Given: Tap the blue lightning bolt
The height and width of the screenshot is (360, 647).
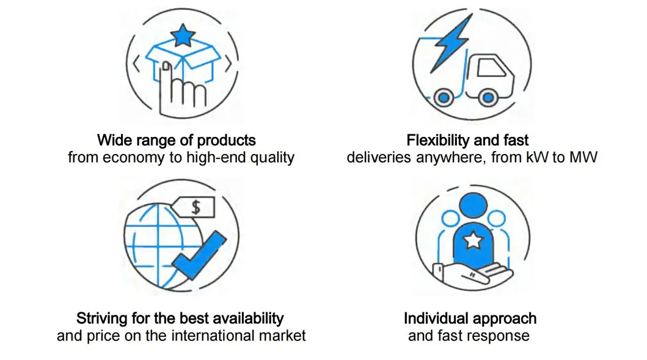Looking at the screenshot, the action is (x=451, y=43).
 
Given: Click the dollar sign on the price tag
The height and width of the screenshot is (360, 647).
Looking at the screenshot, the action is (x=196, y=207).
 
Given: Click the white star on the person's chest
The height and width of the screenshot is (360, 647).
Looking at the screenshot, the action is (x=473, y=240).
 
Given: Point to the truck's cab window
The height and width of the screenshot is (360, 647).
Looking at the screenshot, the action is (x=491, y=67).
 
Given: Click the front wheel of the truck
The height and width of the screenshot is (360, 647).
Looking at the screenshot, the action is (x=488, y=98).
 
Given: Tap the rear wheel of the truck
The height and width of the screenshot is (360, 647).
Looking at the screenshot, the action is (x=444, y=98).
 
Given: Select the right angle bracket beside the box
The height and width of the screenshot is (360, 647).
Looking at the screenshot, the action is (x=228, y=65).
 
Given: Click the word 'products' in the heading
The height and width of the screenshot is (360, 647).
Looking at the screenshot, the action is (x=226, y=141).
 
